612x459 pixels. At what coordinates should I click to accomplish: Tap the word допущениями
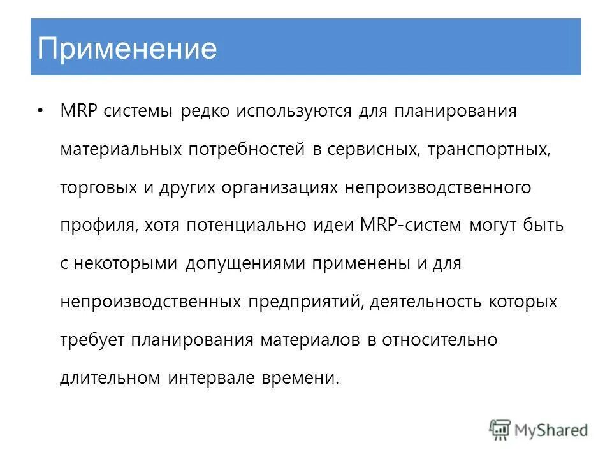(x=245, y=264)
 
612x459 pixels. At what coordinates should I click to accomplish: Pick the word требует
(x=93, y=340)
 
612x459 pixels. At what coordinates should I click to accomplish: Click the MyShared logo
(x=539, y=430)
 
